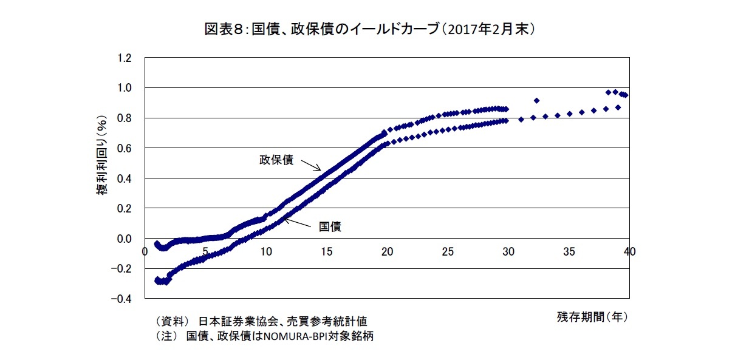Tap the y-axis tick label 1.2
[x=125, y=58]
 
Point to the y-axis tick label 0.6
[x=125, y=148]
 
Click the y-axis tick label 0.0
[x=125, y=239]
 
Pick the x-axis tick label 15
[x=326, y=251]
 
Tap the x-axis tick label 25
[x=447, y=251]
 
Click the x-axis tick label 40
[x=629, y=251]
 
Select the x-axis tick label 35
[x=568, y=251]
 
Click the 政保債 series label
[x=276, y=160]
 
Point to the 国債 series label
[x=330, y=226]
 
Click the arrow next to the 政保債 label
[x=311, y=165]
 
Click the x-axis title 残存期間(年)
[x=592, y=316]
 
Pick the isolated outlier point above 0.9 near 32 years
[x=536, y=101]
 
